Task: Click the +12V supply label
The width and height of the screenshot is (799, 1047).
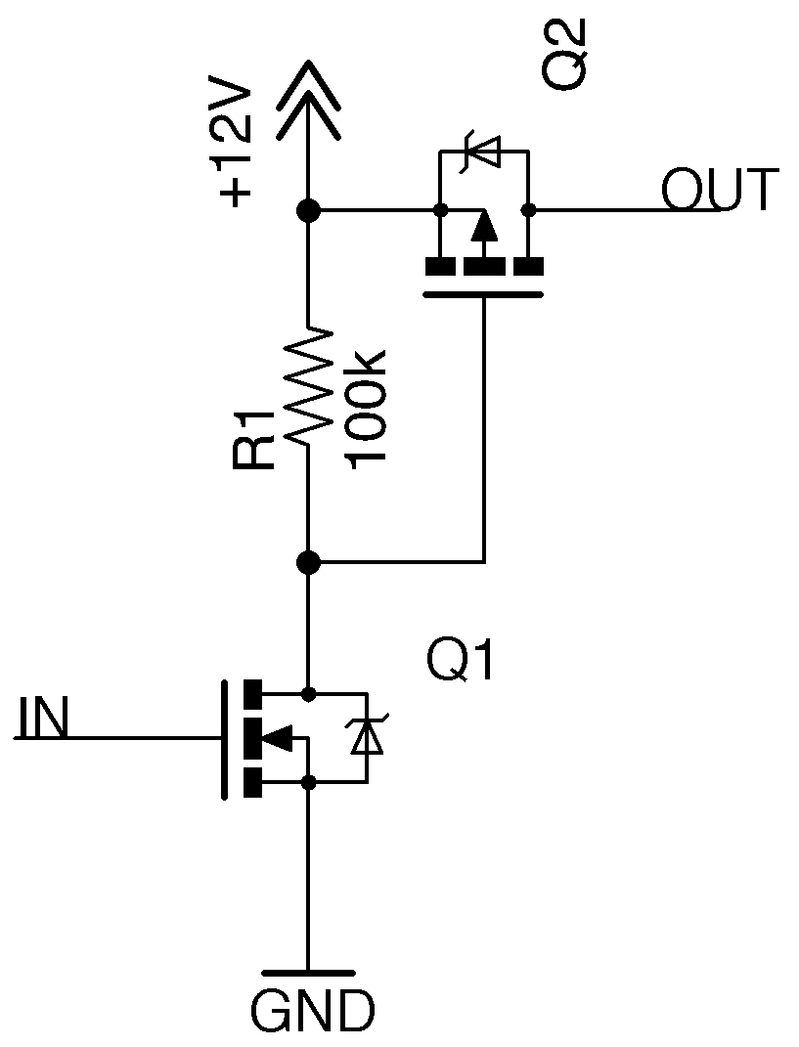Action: [x=238, y=147]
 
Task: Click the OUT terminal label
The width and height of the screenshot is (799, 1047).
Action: [x=720, y=191]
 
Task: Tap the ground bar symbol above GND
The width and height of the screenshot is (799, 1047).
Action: [x=308, y=974]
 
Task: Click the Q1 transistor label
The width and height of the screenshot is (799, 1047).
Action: [x=461, y=663]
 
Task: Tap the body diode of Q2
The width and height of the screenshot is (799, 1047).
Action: [x=483, y=151]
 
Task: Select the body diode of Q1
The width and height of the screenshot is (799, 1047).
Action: [x=367, y=738]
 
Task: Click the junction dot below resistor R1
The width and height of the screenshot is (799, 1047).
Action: [x=308, y=562]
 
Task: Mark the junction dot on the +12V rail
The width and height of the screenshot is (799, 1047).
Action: [x=308, y=209]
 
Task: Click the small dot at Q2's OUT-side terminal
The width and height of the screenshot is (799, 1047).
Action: [x=528, y=209]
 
